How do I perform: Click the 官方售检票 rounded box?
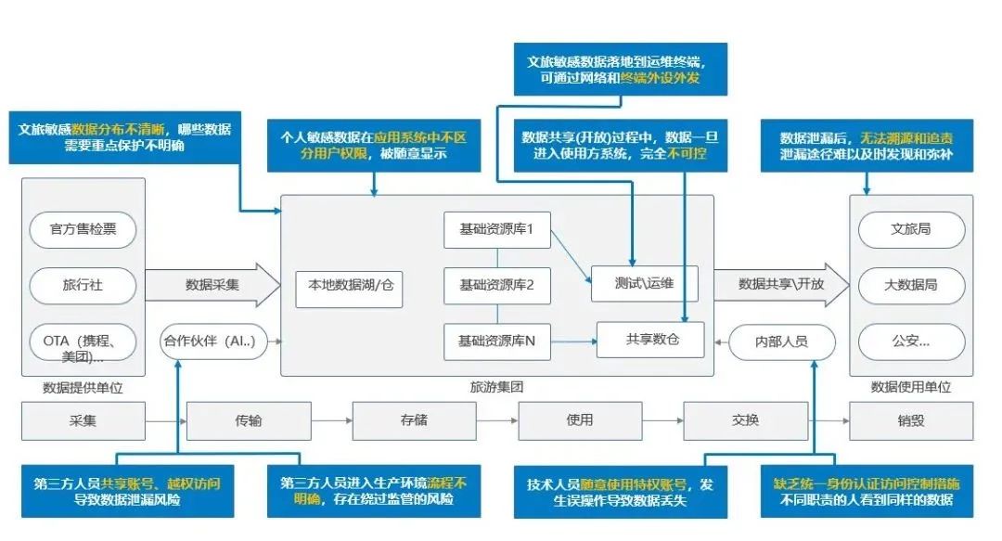click(x=83, y=229)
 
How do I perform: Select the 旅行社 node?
click(x=83, y=285)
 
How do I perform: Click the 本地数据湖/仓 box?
click(x=350, y=285)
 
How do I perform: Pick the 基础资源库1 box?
click(x=497, y=229)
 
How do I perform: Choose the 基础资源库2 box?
click(x=497, y=285)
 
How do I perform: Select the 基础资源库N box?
click(x=497, y=341)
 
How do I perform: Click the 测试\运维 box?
click(x=644, y=283)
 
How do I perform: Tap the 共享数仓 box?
click(x=651, y=340)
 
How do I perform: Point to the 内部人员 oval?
click(x=781, y=341)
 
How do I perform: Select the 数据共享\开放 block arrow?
click(x=781, y=284)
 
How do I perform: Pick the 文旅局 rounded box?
click(x=910, y=229)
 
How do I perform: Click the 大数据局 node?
click(x=910, y=285)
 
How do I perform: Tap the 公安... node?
click(x=910, y=341)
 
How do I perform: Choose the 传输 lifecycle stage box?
click(x=248, y=420)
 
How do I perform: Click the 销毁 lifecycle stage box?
click(x=910, y=420)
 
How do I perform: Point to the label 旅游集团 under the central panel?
click(x=496, y=387)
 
